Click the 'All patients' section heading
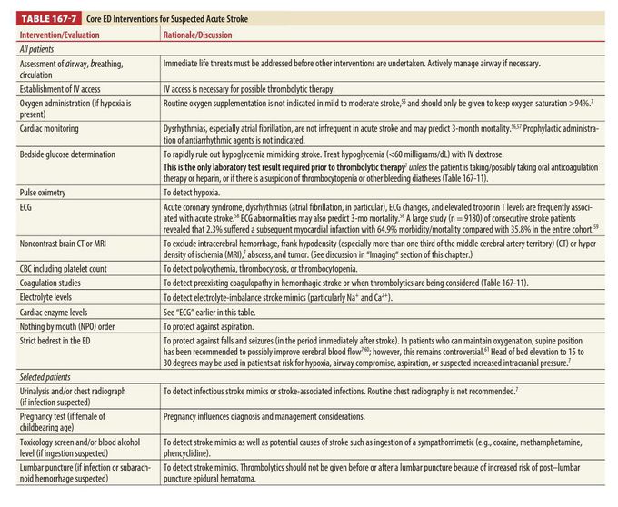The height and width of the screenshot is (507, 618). click(x=37, y=49)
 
